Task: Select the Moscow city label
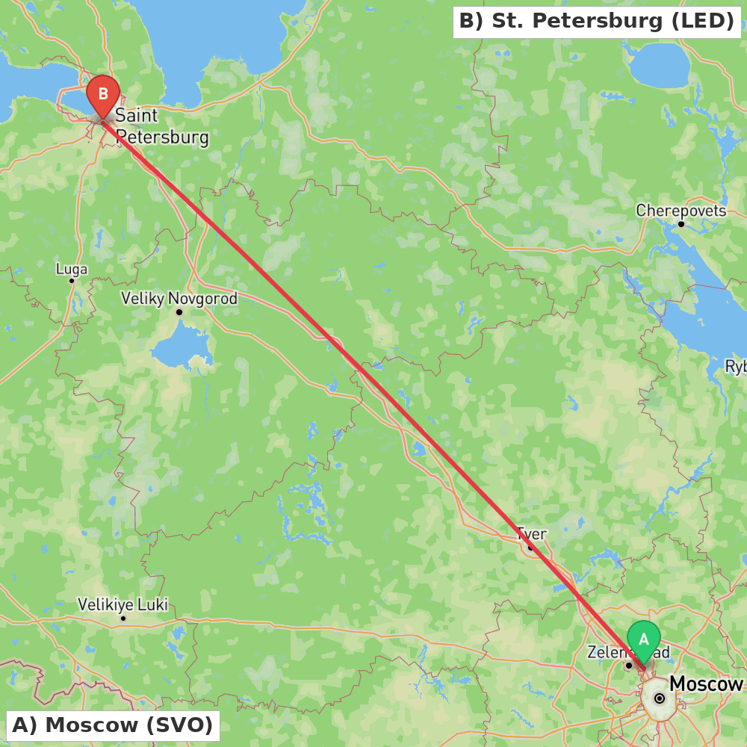click(x=706, y=684)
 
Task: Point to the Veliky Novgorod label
click(x=179, y=299)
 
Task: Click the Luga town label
click(x=72, y=269)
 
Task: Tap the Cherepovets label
click(x=681, y=211)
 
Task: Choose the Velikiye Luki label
click(x=123, y=604)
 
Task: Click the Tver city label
click(x=531, y=534)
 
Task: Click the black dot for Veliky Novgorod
click(x=179, y=311)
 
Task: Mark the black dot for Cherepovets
click(x=681, y=223)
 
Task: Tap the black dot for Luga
click(x=72, y=281)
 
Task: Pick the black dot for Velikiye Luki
click(x=123, y=618)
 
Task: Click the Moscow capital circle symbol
click(x=659, y=698)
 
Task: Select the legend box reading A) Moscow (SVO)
click(x=113, y=725)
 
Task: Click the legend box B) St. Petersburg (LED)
click(x=596, y=21)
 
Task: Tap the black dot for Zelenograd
click(x=629, y=665)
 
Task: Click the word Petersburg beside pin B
click(x=162, y=137)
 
